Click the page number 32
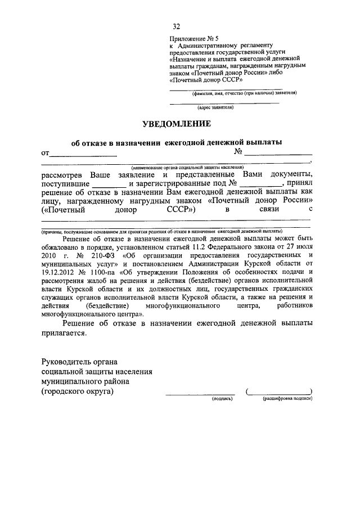(177, 26)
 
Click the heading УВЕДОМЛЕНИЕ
(176, 123)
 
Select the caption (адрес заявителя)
(215, 107)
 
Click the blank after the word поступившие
(109, 184)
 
